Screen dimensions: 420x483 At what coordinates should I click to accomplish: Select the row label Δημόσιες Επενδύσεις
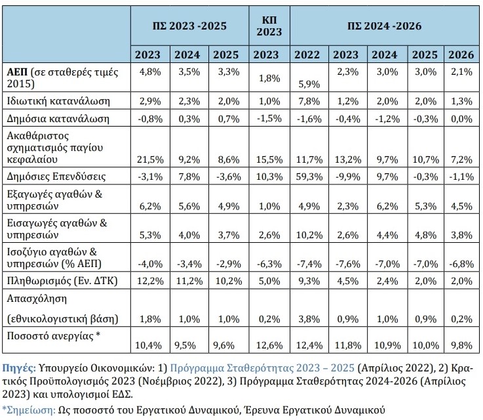pyautogui.click(x=57, y=177)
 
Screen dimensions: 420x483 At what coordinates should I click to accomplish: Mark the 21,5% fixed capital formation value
pyautogui.click(x=148, y=159)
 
